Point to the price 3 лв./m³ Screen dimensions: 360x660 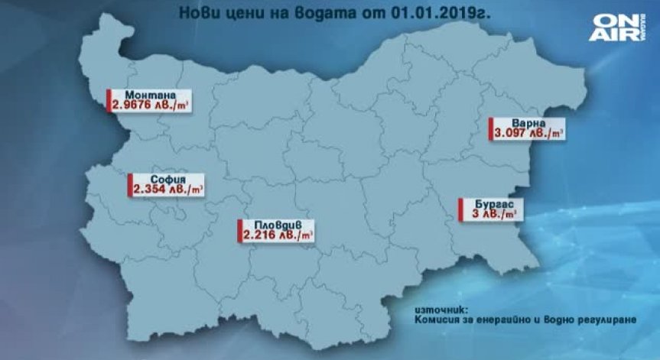(492, 216)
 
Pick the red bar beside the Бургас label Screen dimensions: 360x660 (460, 209)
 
